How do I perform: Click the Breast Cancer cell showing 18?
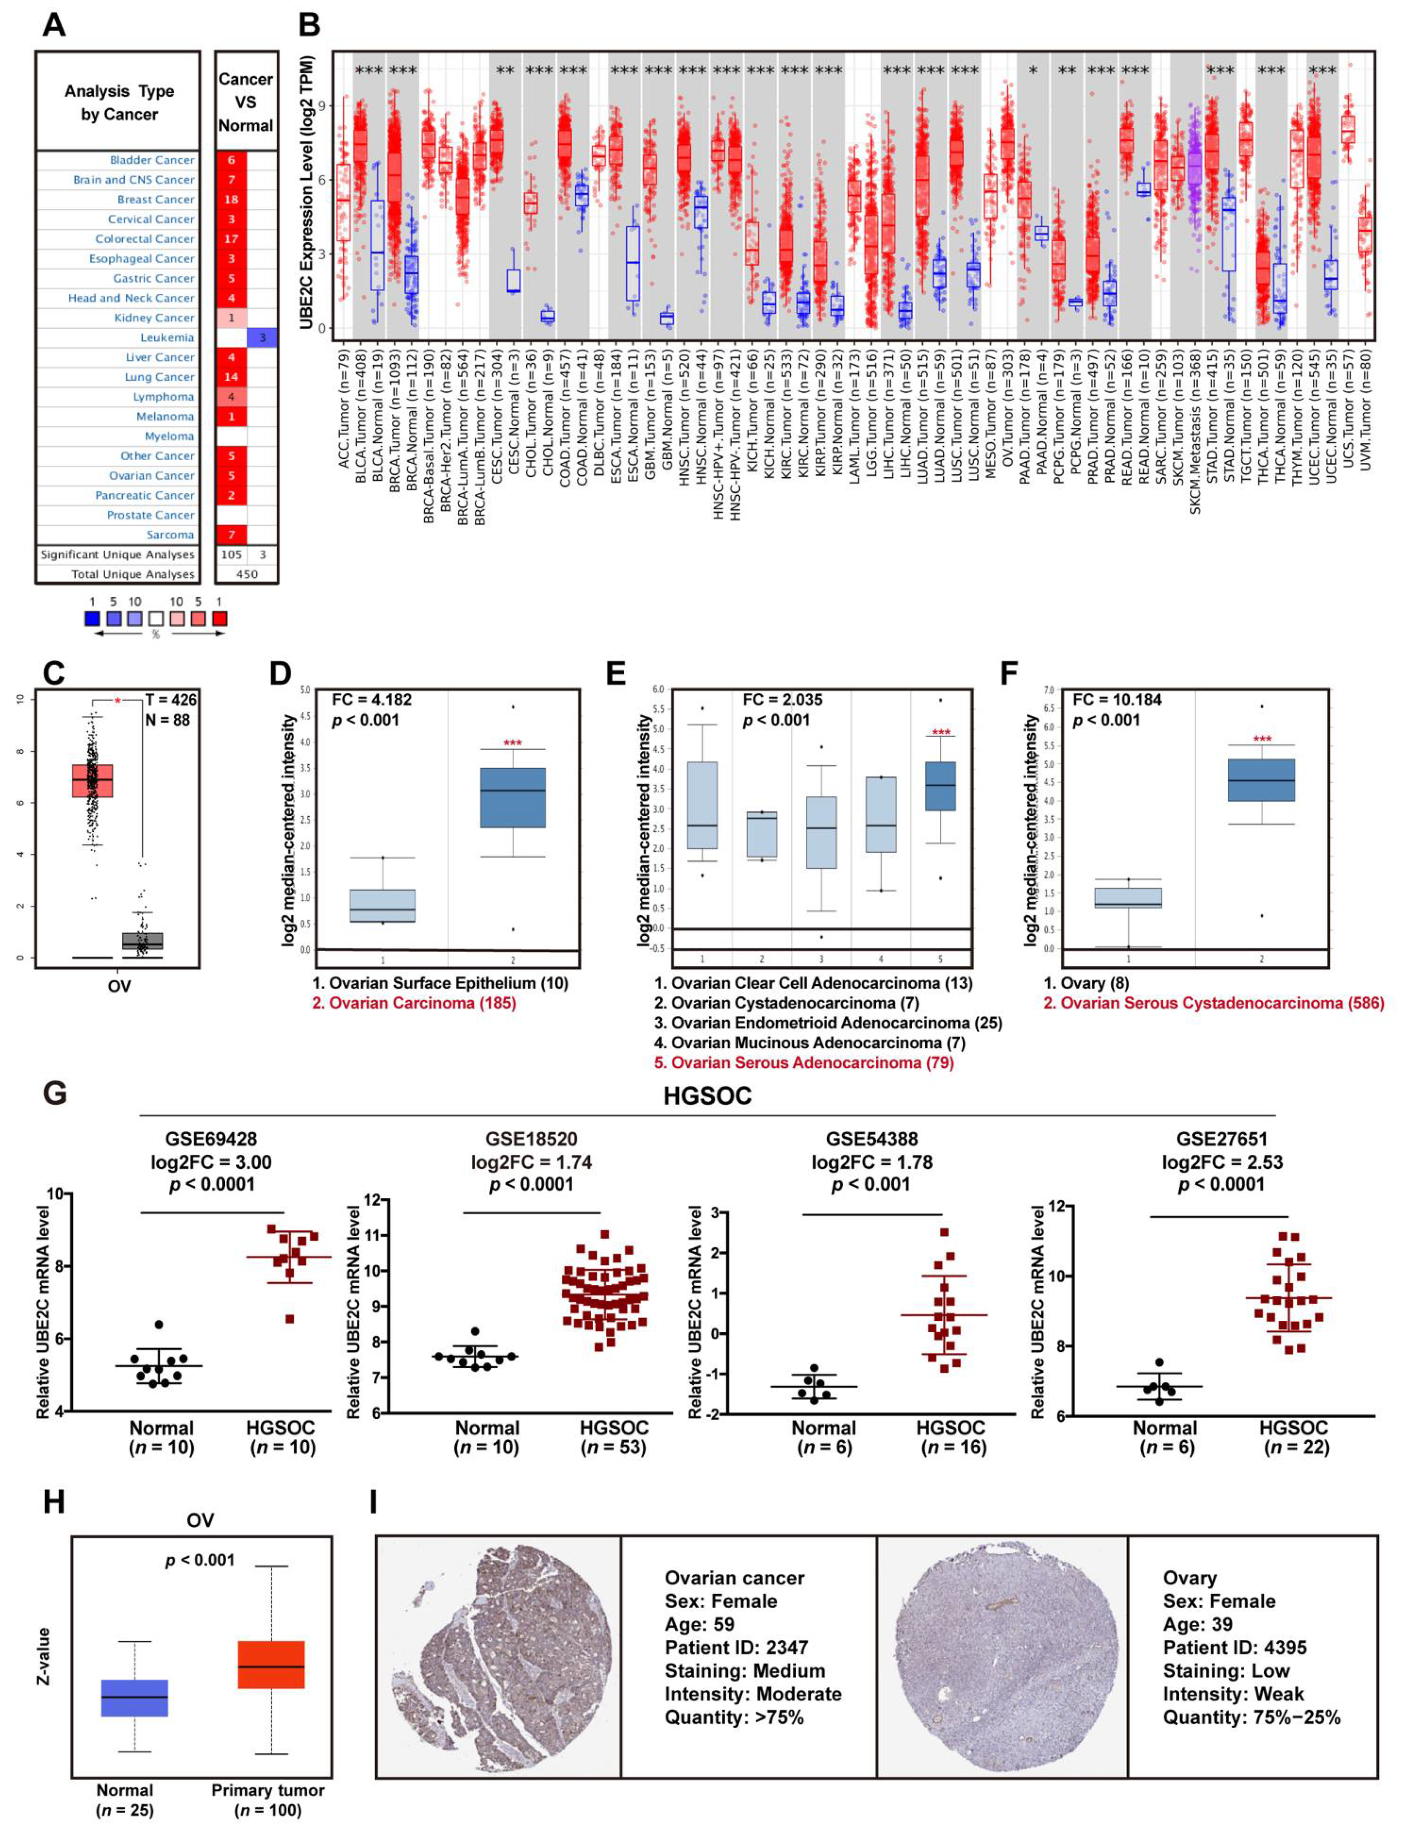tap(232, 199)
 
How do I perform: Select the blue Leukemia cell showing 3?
tap(262, 337)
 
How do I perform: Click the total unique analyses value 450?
tap(247, 574)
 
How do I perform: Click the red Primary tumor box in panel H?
tap(271, 1664)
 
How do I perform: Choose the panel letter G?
tap(55, 1093)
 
